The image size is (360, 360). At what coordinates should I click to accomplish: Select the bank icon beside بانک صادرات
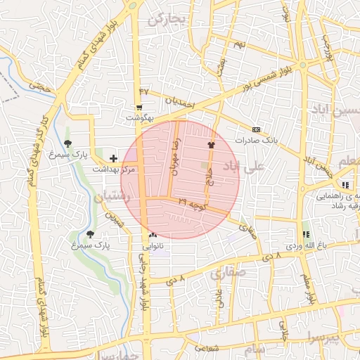[x=255, y=129]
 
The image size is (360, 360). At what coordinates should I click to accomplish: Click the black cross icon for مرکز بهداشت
[x=113, y=159]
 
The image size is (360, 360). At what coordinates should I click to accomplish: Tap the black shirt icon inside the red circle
[x=210, y=144]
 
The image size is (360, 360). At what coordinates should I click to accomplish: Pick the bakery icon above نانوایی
[x=153, y=235]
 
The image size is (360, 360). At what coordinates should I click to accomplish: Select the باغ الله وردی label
[x=304, y=246]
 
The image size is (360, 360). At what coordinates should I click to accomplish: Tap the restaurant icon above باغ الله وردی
[x=305, y=234]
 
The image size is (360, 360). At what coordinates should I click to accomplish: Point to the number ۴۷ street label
[x=145, y=91]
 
